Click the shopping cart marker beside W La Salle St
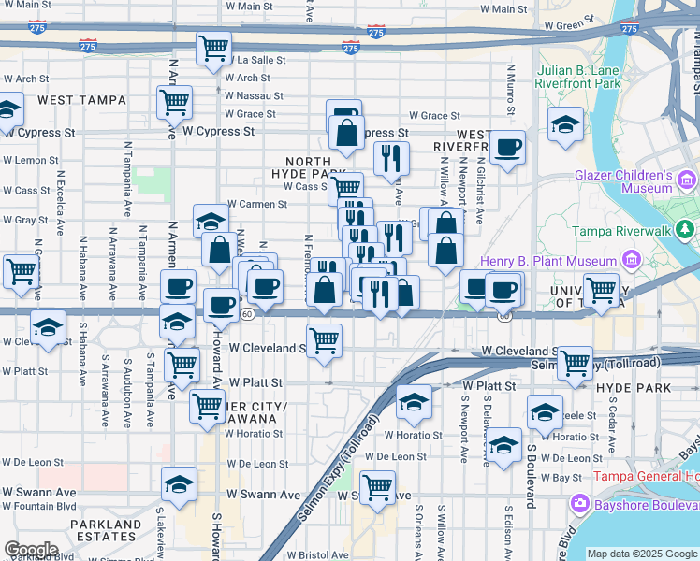213,47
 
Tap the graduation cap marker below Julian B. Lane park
565,124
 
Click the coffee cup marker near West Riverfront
508,148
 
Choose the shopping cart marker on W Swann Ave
377,485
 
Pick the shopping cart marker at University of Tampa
600,289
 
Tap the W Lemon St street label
30,160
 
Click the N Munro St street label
511,90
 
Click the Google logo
30,549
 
